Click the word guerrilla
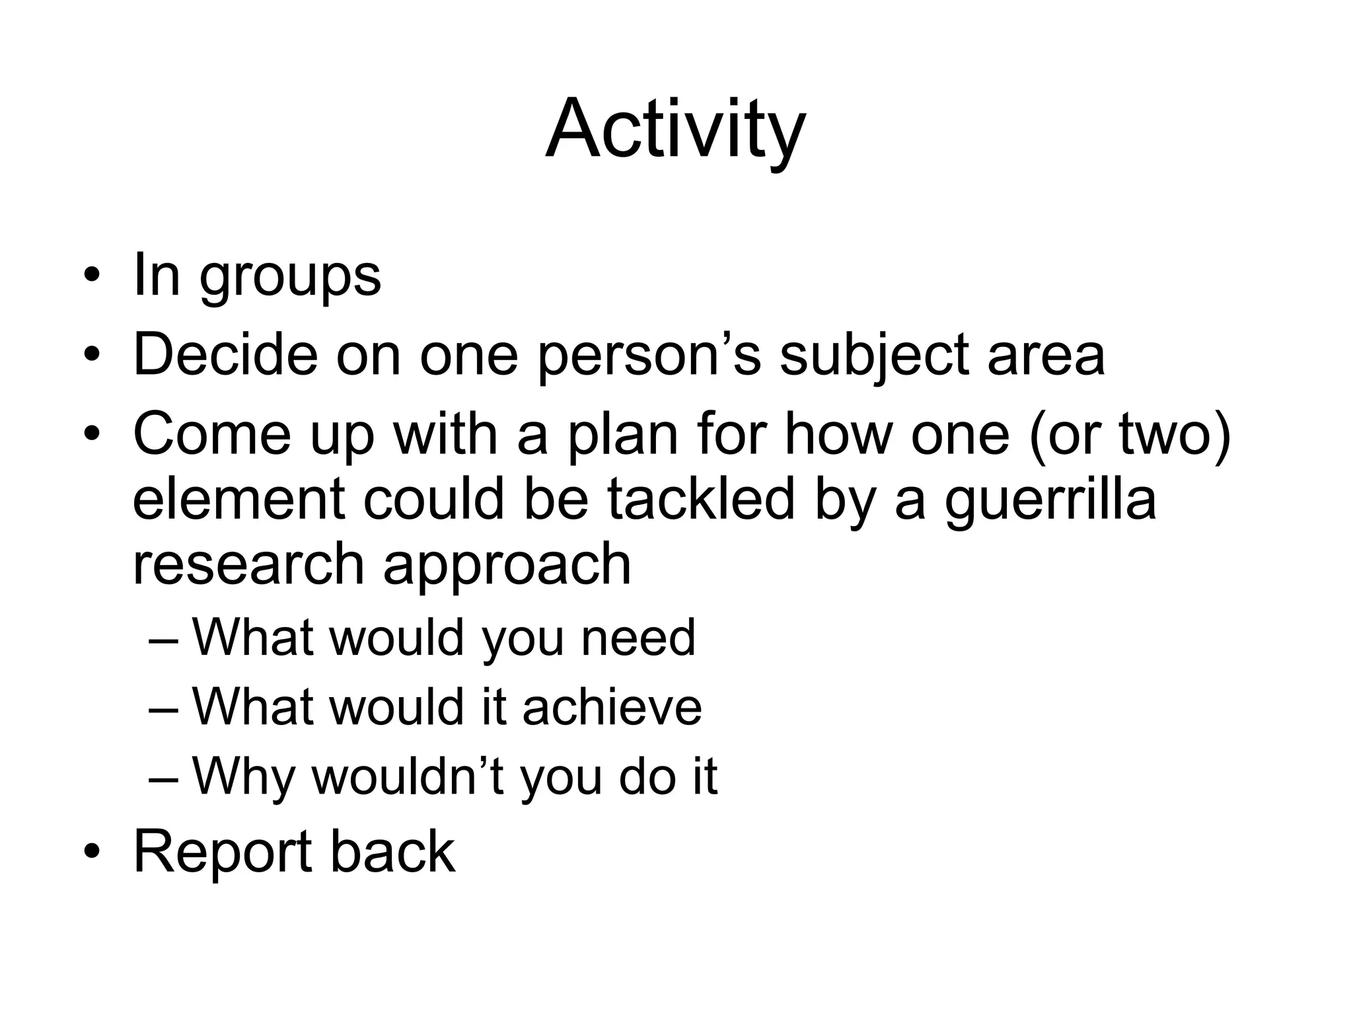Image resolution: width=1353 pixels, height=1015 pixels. tap(1050, 501)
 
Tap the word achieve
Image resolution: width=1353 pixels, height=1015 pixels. tap(612, 707)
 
